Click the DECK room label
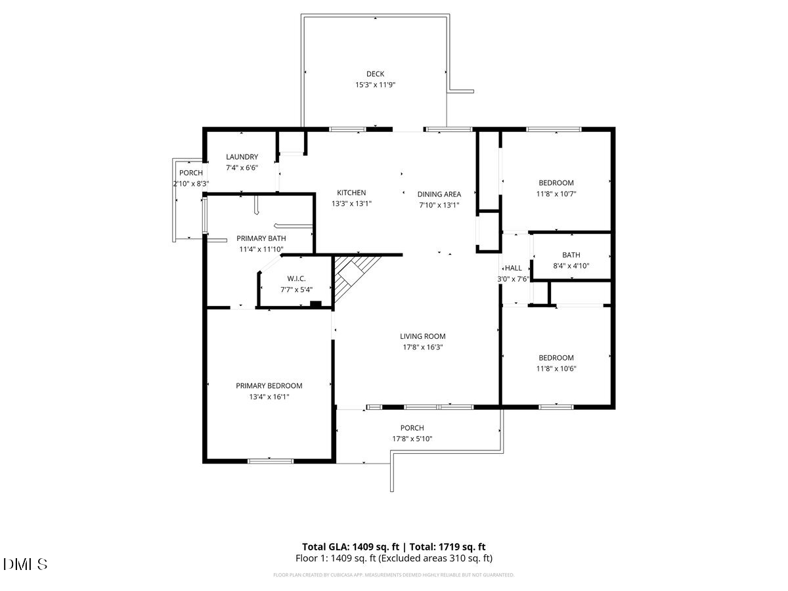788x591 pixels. pyautogui.click(x=375, y=74)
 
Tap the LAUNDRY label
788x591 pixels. pyautogui.click(x=242, y=157)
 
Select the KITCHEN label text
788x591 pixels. pyautogui.click(x=351, y=192)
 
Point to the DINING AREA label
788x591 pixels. pyautogui.click(x=439, y=194)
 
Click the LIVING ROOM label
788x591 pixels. pyautogui.click(x=423, y=336)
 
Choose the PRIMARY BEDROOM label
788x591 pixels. pyautogui.click(x=269, y=385)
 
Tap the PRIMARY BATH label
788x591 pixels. pyautogui.click(x=261, y=238)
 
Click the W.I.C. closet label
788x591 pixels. pyautogui.click(x=278, y=278)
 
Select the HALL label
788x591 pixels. pyautogui.click(x=513, y=268)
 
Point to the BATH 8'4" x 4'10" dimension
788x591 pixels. pyautogui.click(x=571, y=266)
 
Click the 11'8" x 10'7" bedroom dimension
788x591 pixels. pyautogui.click(x=556, y=194)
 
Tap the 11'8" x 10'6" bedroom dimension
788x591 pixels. pyautogui.click(x=556, y=368)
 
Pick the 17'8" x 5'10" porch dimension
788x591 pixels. pyautogui.click(x=412, y=439)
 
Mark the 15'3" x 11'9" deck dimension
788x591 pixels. pyautogui.click(x=375, y=85)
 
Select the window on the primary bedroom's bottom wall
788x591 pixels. pyautogui.click(x=271, y=461)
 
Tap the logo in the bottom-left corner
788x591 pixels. pyautogui.click(x=26, y=564)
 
